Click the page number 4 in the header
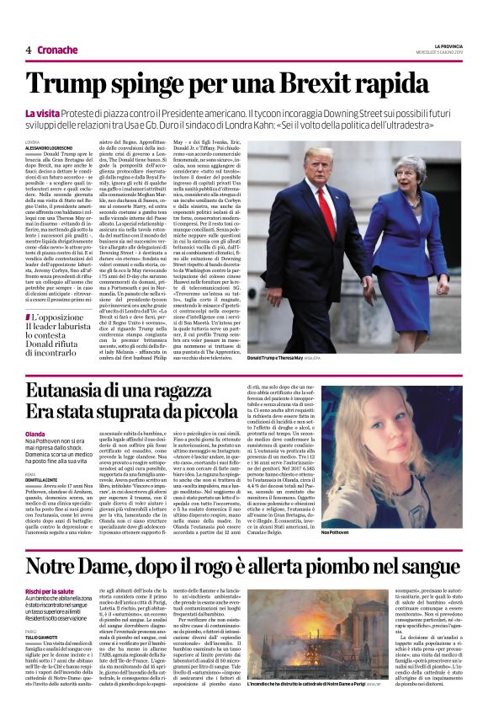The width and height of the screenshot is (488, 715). click(28, 51)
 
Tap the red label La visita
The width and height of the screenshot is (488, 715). click(42, 112)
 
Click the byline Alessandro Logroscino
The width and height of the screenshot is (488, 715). click(49, 147)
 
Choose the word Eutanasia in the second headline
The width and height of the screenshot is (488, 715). click(82, 391)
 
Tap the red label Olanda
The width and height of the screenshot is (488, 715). click(35, 435)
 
